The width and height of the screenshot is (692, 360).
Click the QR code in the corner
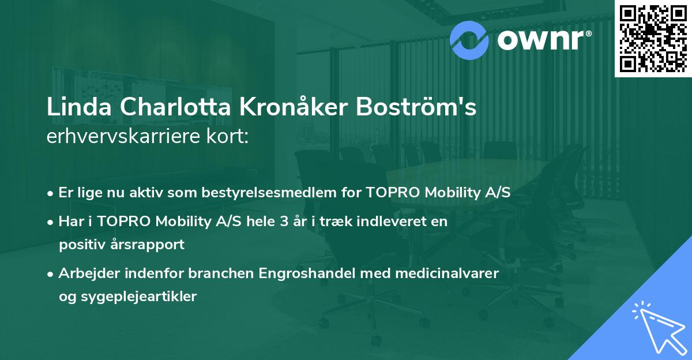652,38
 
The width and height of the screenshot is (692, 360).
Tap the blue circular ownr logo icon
469,40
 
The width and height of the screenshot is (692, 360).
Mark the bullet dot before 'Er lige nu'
51,193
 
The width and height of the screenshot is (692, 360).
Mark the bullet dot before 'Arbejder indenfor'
51,273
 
